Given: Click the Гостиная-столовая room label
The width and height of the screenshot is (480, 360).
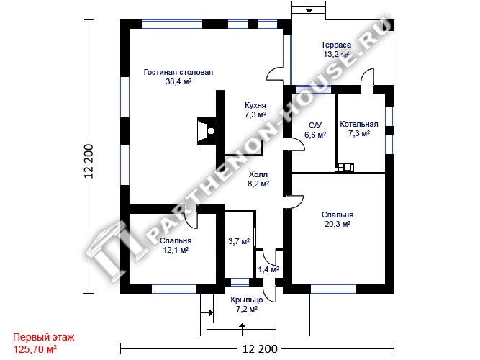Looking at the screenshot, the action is (x=178, y=72).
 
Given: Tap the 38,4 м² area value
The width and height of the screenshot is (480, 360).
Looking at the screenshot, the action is (x=178, y=81).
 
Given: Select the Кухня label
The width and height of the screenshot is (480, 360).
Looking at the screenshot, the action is (x=255, y=105).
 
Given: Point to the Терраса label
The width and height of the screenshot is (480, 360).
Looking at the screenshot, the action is (x=336, y=45).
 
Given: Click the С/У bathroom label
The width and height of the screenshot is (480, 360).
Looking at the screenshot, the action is (x=315, y=125).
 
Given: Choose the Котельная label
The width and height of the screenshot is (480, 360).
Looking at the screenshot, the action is (x=359, y=124).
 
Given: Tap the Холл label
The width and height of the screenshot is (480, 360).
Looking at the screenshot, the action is (x=258, y=175).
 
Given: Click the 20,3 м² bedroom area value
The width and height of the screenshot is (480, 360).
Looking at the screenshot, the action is (x=338, y=224).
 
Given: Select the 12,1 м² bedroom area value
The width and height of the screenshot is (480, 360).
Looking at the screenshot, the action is (x=176, y=250).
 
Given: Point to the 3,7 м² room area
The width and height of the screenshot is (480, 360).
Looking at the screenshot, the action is (x=239, y=241).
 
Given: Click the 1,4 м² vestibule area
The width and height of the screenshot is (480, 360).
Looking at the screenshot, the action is (x=268, y=269).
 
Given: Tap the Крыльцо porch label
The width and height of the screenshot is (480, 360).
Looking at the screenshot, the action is (x=246, y=300).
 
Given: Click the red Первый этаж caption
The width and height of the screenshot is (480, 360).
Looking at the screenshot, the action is (x=43, y=338).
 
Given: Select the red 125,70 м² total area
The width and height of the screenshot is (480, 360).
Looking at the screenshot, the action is (x=35, y=349).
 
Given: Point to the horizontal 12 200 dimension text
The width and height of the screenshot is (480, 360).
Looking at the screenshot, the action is (x=260, y=348).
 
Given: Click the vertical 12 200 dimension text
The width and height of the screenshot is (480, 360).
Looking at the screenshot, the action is (x=89, y=161).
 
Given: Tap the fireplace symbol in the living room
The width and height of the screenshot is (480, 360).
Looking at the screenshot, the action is (x=207, y=131).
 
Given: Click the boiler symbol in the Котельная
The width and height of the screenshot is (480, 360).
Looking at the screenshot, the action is (x=345, y=168).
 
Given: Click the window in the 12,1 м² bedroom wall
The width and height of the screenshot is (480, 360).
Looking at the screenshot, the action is (x=174, y=289).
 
